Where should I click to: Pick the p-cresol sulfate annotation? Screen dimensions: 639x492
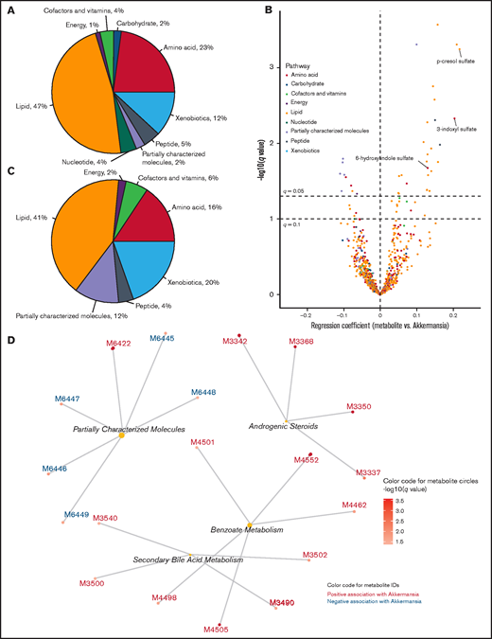click(455, 62)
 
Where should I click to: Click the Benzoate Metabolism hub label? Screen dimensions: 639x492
click(246, 530)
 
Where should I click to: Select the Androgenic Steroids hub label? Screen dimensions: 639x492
click(282, 426)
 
